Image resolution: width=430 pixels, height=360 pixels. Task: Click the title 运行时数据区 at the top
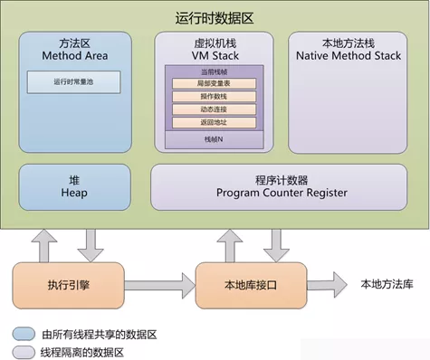(x=215, y=17)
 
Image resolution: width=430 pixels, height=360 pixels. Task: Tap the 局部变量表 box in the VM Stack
(x=214, y=84)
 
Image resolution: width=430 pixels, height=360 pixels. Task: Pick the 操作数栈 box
(x=214, y=97)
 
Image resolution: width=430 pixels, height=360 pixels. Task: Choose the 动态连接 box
(x=214, y=109)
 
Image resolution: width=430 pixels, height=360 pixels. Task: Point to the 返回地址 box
(x=214, y=122)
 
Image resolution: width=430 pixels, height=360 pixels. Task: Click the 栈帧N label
(x=214, y=140)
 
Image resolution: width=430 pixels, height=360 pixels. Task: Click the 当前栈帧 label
(x=214, y=71)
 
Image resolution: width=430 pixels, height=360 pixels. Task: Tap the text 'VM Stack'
(x=214, y=55)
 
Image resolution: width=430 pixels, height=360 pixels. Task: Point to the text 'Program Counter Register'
(x=281, y=194)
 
